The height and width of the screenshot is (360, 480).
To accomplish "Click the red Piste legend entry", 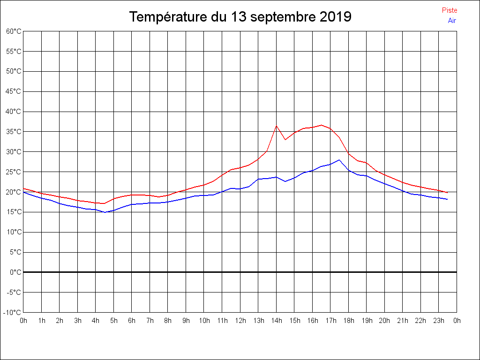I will (449, 10).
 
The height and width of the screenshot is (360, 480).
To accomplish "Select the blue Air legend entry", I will (452, 21).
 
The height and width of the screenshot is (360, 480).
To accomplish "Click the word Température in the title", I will (168, 17).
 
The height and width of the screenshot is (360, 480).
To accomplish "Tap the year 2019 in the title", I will (336, 17).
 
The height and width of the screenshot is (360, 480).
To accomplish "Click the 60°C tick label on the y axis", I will (14, 31).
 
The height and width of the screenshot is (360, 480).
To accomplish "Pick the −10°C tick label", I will (13, 313).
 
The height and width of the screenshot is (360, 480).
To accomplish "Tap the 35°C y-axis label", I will (14, 132).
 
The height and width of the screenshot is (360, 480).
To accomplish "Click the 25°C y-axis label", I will (14, 172).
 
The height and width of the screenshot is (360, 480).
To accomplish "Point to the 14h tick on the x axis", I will (277, 321).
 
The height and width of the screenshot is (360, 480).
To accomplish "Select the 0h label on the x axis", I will (23, 321).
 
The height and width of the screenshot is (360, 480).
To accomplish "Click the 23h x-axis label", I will (439, 321).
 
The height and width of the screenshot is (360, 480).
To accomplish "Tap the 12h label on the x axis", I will (240, 321).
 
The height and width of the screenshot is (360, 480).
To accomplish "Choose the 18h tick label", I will (349, 321).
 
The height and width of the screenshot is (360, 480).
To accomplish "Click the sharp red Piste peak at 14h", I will (277, 126).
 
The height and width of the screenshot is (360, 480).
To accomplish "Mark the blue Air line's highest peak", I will (339, 160).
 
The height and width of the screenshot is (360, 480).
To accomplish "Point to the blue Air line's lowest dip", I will (105, 212).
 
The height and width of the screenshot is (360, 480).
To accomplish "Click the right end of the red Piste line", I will (447, 193).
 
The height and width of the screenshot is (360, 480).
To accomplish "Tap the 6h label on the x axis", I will (132, 321).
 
